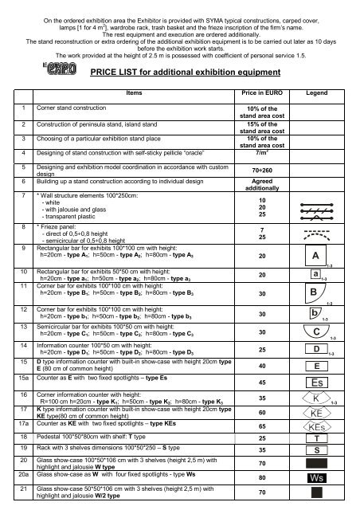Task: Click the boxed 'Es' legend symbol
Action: coord(317,382)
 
